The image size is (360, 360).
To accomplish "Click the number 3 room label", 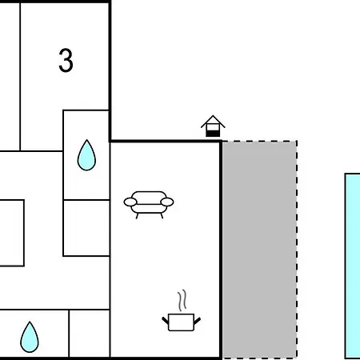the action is [x=66, y=60].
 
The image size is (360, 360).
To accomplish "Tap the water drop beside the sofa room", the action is [x=86, y=155].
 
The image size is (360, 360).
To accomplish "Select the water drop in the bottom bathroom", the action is [x=30, y=338].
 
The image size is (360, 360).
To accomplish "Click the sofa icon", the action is [x=149, y=205].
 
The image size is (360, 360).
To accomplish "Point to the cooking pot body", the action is [x=181, y=322].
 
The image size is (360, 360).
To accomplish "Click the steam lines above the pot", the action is [x=182, y=301].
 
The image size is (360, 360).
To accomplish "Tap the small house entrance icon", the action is [x=213, y=126].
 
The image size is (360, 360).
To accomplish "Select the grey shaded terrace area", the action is [x=259, y=250].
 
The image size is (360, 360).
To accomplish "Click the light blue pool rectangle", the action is [x=353, y=266].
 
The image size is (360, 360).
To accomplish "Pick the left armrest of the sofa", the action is [x=130, y=202].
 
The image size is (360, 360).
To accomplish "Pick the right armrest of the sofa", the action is [x=167, y=202].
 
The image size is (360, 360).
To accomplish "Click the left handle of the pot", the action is [x=166, y=321].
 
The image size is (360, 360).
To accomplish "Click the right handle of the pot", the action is [x=198, y=321].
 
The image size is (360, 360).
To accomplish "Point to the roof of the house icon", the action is [x=213, y=122].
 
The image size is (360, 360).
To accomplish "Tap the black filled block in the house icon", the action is [x=213, y=134].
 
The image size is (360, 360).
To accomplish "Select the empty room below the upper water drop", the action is [x=86, y=228].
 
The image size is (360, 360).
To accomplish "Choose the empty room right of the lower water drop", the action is [x=90, y=334].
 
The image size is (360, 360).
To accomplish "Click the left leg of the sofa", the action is [x=137, y=216].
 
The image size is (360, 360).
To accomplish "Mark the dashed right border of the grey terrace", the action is [x=297, y=250].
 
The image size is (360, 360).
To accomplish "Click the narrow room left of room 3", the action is [x=10, y=77].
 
